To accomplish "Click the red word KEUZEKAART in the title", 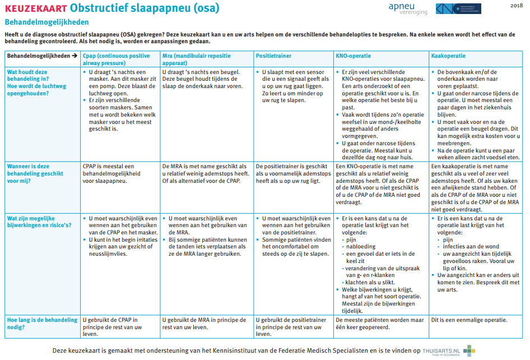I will pyautogui.click(x=35, y=8).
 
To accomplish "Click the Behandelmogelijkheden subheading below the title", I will pyautogui.click(x=47, y=22).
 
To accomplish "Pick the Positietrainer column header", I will pyautogui.click(x=275, y=56).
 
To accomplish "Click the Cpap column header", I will pyautogui.click(x=116, y=59).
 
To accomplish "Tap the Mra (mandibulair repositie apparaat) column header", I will pyautogui.click(x=196, y=59).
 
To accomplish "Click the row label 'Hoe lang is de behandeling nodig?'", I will pyautogui.click(x=42, y=324).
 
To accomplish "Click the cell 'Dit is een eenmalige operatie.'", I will pyautogui.click(x=468, y=320).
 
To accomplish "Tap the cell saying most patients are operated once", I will pyautogui.click(x=379, y=324).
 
